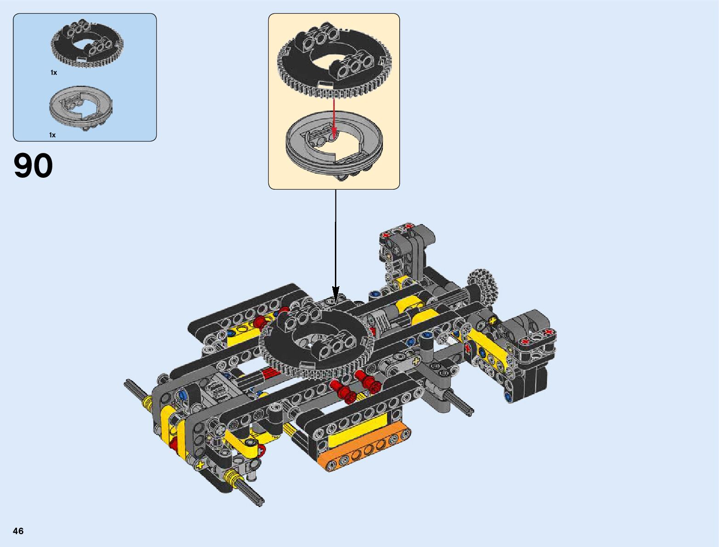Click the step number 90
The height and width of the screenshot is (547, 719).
coord(33,165)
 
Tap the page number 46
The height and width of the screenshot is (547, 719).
coord(18,531)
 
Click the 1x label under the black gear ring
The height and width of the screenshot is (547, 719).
coord(54,73)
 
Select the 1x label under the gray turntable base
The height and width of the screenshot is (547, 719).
coord(52,135)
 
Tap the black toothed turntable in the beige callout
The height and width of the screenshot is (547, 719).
coord(334,61)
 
